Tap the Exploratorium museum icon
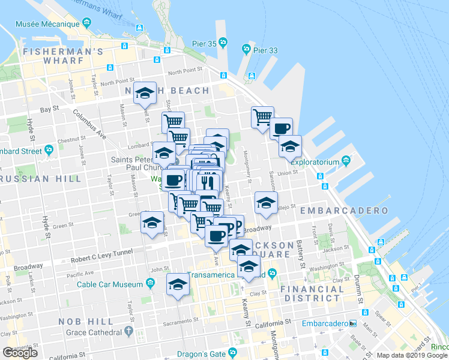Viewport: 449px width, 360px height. (346, 161)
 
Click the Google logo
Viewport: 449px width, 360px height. (20, 353)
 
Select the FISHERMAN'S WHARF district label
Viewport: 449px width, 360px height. (64, 52)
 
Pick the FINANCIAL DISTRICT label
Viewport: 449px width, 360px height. (313, 293)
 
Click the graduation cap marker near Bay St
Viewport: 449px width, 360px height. (145, 93)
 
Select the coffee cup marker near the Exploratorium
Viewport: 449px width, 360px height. (281, 128)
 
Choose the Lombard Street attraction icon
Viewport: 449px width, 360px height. (48, 151)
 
